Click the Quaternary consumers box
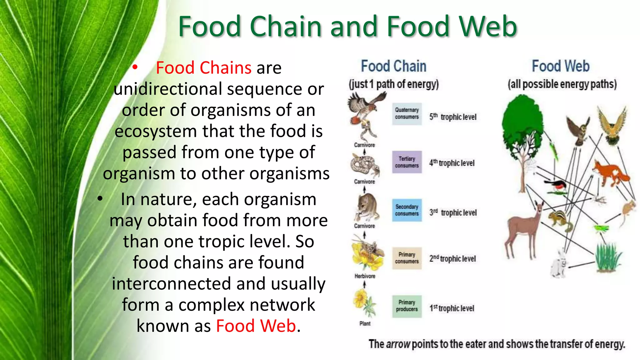(x=407, y=113)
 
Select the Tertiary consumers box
(x=407, y=162)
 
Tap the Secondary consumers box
(x=407, y=210)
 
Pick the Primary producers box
(x=407, y=306)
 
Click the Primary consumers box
(x=407, y=258)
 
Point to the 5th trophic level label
(x=453, y=117)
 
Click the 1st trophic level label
(x=452, y=308)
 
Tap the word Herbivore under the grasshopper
(x=365, y=276)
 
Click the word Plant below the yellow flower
(x=365, y=323)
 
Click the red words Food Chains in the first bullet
(x=203, y=68)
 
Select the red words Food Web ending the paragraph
(x=256, y=326)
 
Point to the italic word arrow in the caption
(x=398, y=344)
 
